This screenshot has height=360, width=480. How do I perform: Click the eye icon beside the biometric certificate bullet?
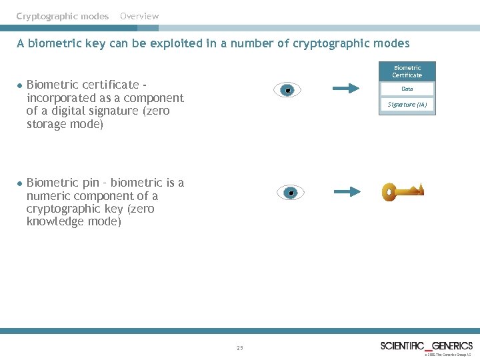click(287, 90)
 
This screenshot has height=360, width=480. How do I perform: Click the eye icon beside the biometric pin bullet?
click(290, 193)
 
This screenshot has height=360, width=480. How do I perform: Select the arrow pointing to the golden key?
click(347, 192)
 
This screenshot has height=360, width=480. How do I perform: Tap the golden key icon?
click(402, 192)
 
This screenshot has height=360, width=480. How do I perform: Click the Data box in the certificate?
click(407, 89)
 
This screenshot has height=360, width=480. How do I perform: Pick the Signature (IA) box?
click(407, 105)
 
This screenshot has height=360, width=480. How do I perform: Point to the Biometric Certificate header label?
click(407, 71)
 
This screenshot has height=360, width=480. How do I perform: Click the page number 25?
click(240, 348)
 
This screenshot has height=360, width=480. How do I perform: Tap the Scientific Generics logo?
click(427, 345)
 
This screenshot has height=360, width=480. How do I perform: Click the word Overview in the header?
click(139, 16)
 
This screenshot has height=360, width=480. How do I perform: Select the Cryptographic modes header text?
click(63, 16)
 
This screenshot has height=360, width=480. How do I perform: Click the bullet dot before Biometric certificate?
click(21, 85)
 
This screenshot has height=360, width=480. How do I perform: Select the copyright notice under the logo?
click(447, 355)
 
